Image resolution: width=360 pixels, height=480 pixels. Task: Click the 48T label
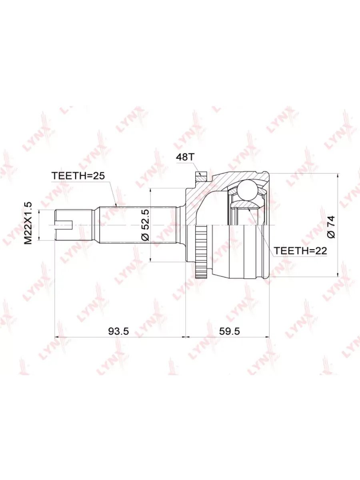click(x=185, y=158)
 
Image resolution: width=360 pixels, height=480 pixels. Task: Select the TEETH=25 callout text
click(x=78, y=176)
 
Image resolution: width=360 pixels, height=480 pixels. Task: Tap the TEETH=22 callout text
click(x=300, y=251)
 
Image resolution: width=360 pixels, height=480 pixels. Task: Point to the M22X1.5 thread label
click(x=28, y=223)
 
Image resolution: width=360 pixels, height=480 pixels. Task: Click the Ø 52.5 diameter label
click(x=146, y=225)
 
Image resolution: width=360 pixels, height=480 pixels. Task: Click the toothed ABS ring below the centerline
click(x=201, y=251)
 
